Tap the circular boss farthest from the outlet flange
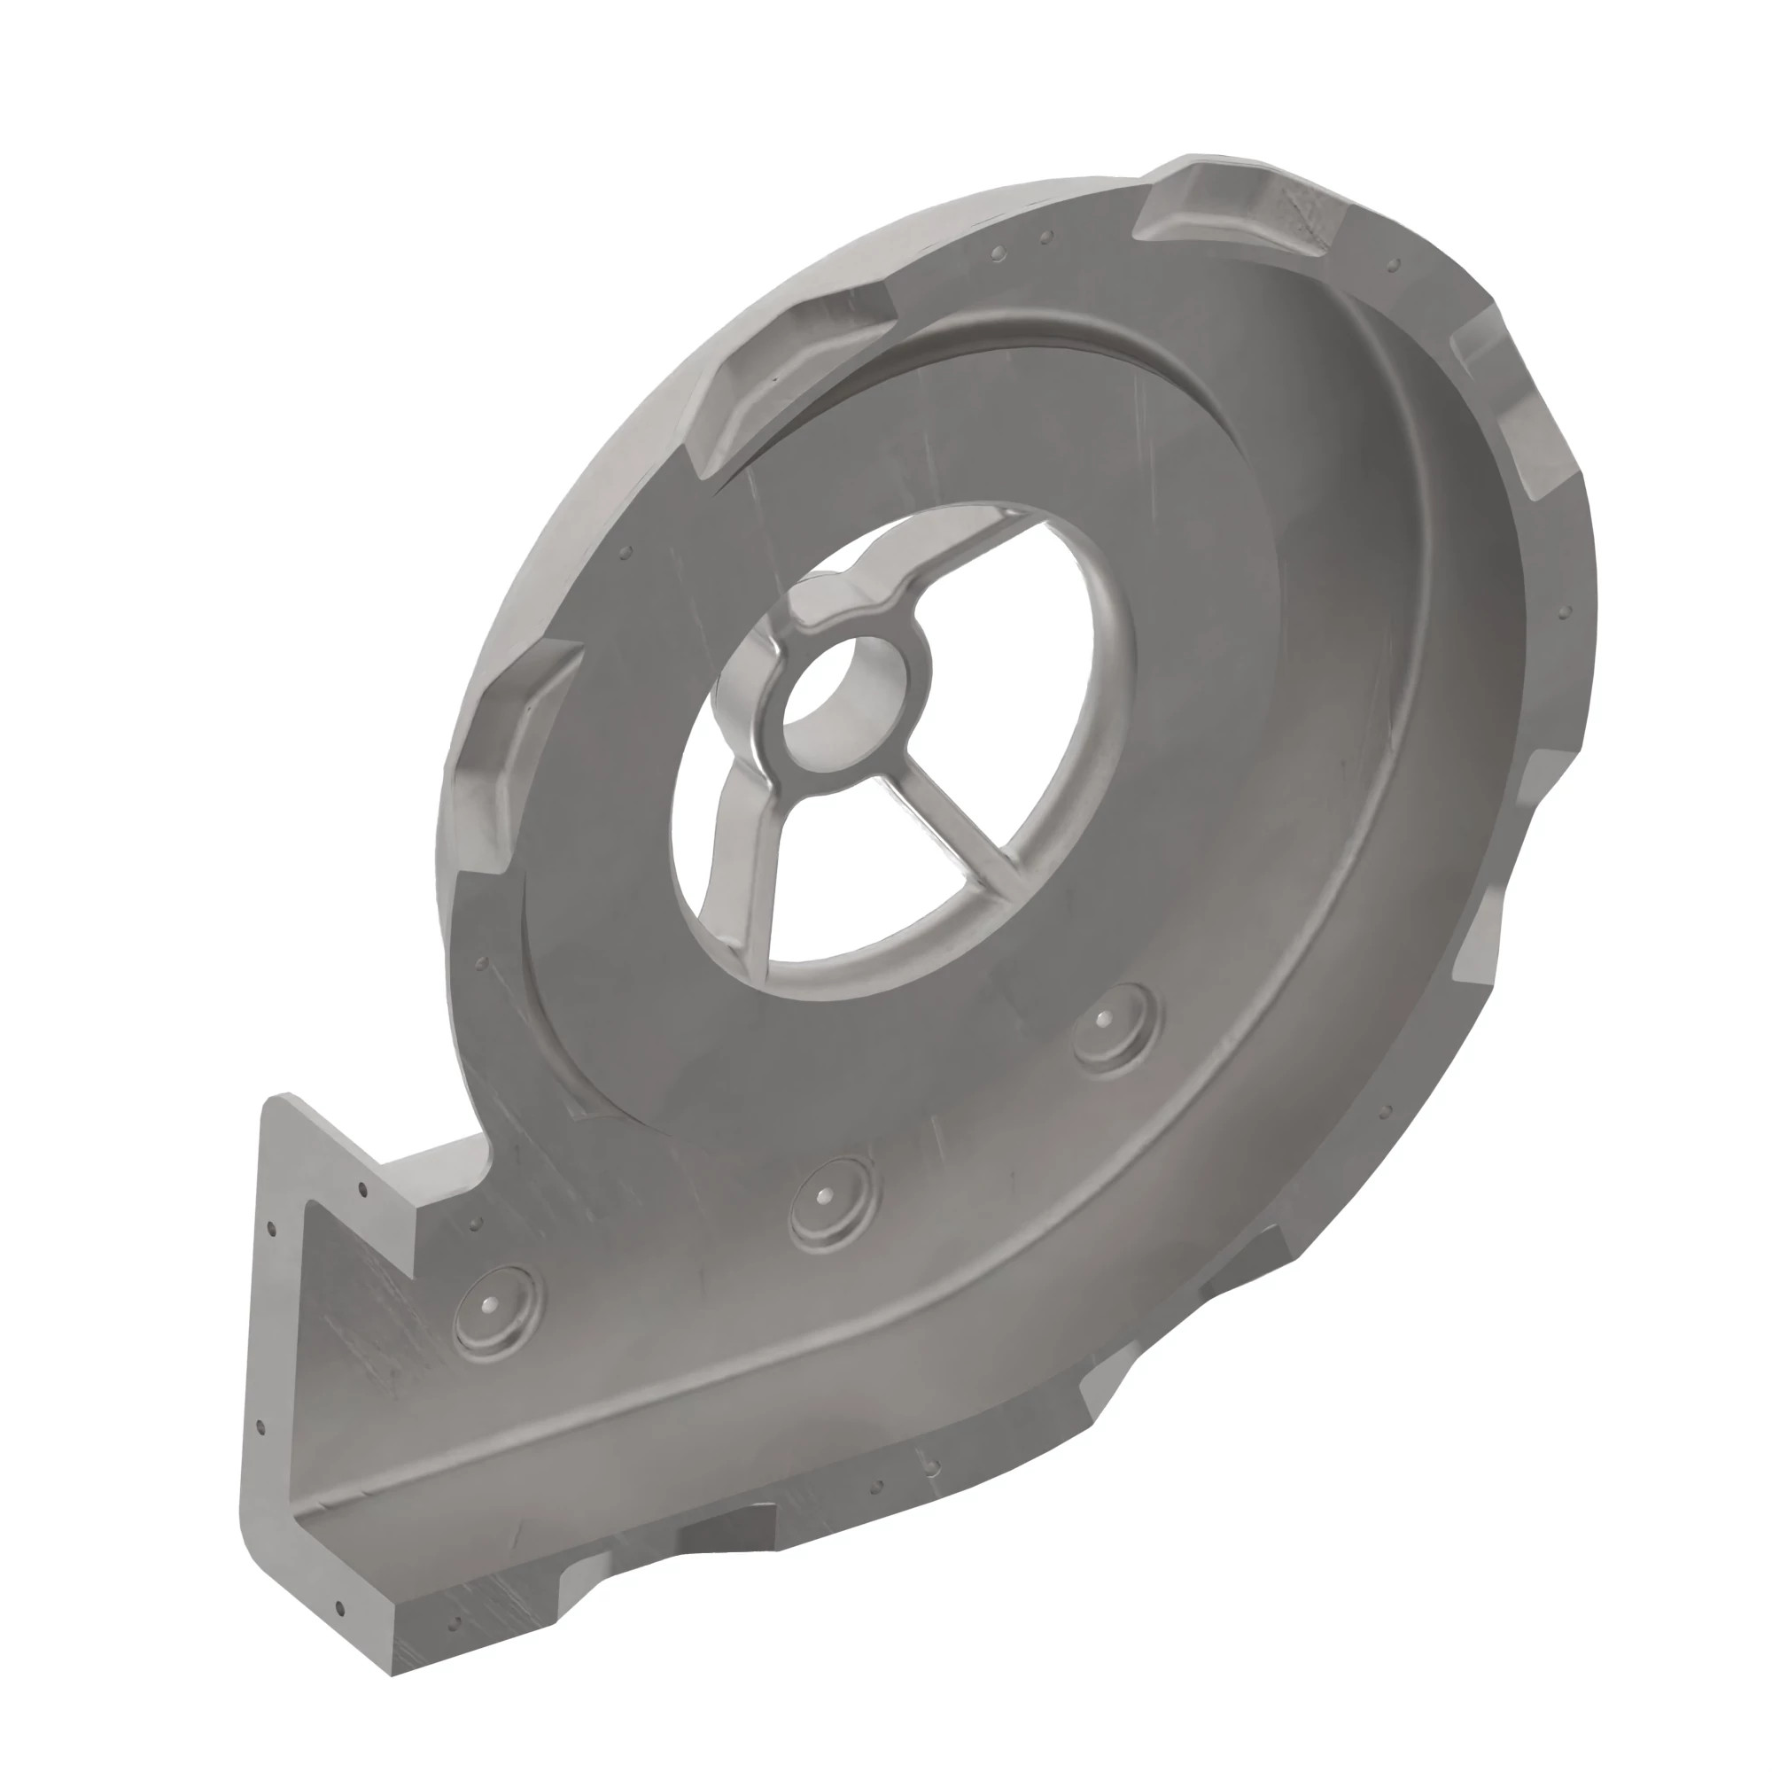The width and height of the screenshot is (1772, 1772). tap(1114, 1024)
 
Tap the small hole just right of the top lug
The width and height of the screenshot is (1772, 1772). tap(1395, 265)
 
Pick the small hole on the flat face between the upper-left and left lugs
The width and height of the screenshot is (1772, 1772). tap(626, 553)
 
